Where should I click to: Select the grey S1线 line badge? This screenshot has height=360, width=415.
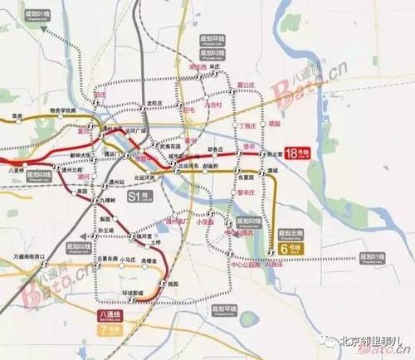138,196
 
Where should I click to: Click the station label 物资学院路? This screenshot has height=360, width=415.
62,109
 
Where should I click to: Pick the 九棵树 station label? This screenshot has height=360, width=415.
105,200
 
